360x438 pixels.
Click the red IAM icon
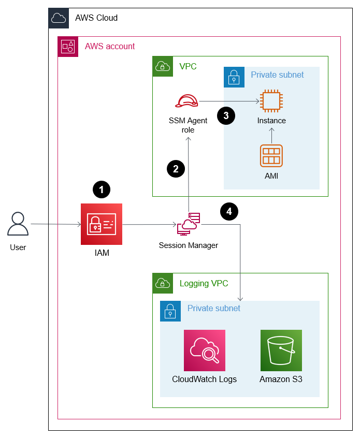[102, 224]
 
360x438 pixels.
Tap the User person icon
[18, 224]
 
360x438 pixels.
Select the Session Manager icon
[189, 224]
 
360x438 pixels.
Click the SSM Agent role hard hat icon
[187, 101]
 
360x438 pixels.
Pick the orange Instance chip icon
[271, 101]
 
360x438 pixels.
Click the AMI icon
[271, 155]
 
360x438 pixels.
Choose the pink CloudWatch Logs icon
[205, 351]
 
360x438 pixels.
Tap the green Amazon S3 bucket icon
[281, 351]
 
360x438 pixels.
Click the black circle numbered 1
[102, 190]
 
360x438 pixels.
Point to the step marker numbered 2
[176, 168]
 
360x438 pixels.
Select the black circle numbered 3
[225, 115]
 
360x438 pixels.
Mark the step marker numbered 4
[229, 211]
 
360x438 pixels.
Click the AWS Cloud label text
[96, 18]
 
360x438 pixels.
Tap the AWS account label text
[110, 47]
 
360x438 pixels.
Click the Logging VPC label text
[204, 283]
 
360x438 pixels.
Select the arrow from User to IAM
[55, 224]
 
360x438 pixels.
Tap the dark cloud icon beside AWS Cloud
[59, 18]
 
